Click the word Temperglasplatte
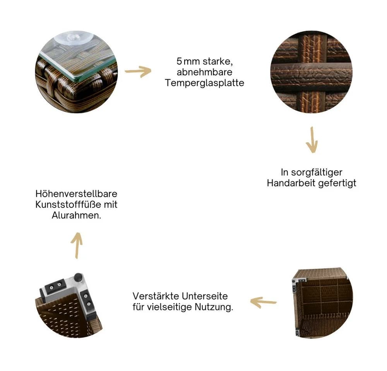coord(204,83)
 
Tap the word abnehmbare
coord(204,72)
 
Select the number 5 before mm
coord(179,61)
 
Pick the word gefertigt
coord(337,183)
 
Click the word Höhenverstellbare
coord(76,194)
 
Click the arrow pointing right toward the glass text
coord(138,71)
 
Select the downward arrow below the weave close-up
coord(312,140)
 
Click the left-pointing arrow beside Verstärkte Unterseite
coord(263,302)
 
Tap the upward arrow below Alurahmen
coord(77,245)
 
